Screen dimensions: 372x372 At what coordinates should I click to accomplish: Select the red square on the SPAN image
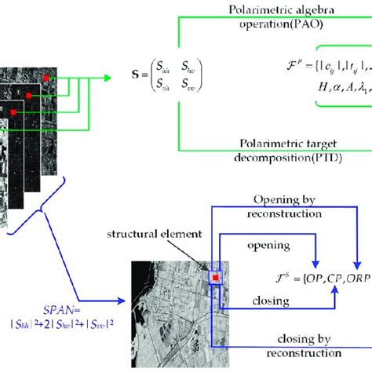click(213, 277)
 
